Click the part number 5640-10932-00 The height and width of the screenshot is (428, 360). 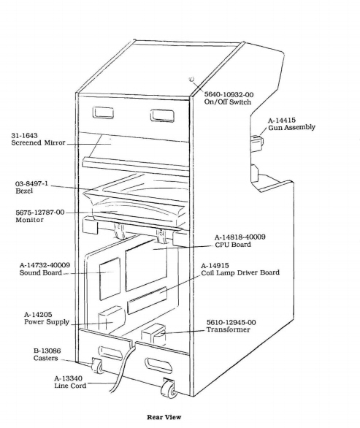(229, 95)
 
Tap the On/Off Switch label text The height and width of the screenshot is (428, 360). (227, 102)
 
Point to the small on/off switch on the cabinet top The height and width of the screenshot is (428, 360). (191, 80)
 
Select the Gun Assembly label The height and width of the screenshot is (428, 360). (291, 128)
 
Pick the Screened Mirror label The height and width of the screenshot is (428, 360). (38, 142)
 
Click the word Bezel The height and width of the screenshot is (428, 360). (24, 191)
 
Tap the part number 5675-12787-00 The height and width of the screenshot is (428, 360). (40, 213)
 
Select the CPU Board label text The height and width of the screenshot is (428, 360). (233, 245)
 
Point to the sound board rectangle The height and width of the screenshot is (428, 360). (110, 279)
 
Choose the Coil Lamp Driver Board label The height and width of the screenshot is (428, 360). (240, 272)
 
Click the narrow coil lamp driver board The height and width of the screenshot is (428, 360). (147, 300)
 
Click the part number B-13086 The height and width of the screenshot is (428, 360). (47, 351)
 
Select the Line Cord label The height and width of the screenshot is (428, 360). (70, 386)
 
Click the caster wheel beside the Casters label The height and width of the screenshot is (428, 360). (97, 366)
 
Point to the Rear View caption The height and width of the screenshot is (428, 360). (164, 417)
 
